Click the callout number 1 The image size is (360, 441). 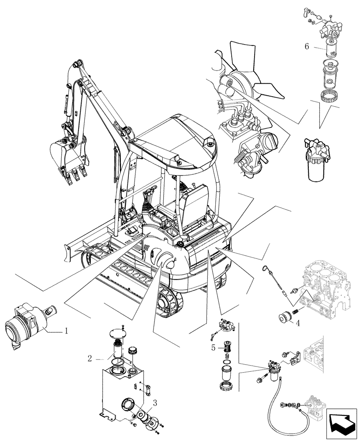[66, 330]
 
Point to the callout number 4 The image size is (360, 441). [298, 323]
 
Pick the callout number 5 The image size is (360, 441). [213, 347]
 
